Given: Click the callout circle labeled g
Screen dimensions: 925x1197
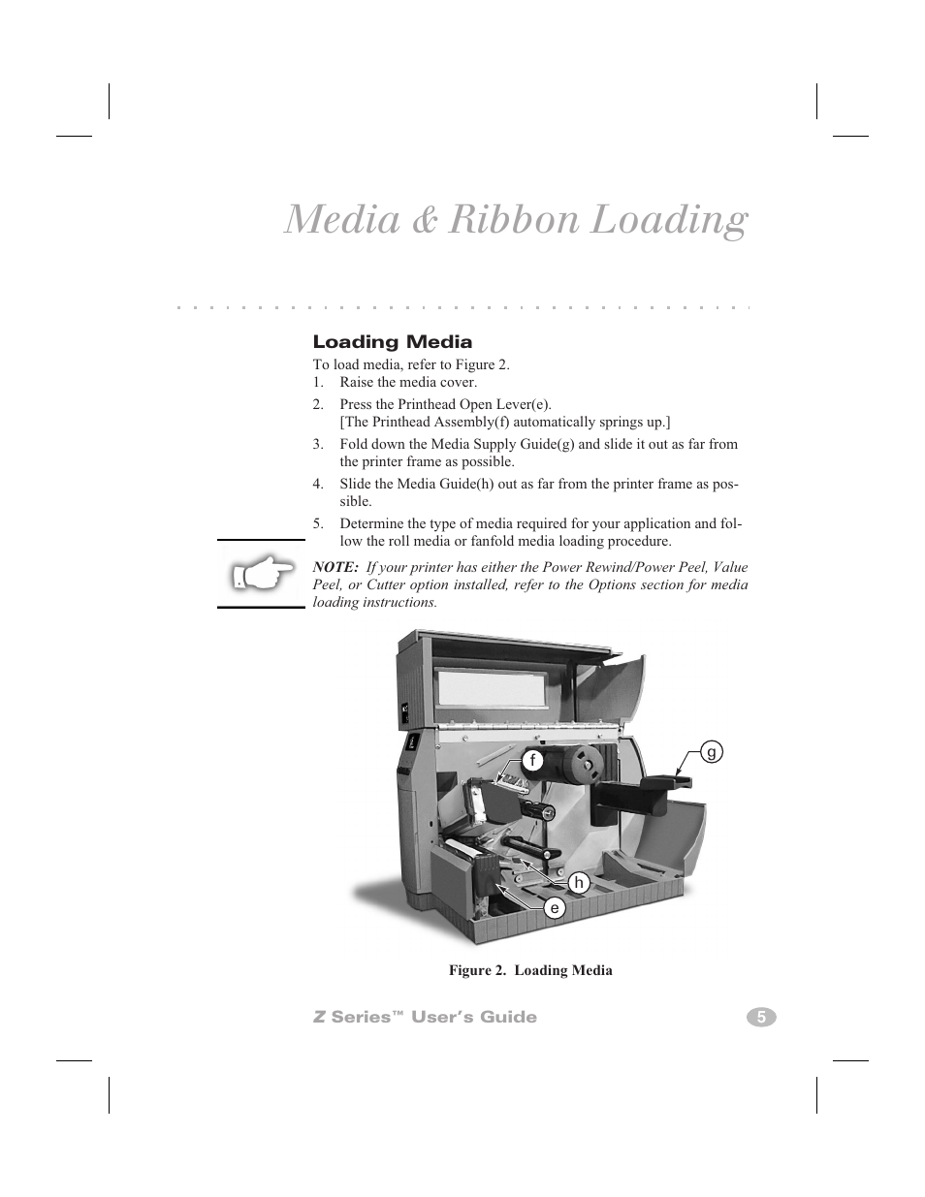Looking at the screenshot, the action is (x=712, y=752).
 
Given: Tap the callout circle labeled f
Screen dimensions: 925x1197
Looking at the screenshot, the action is (x=532, y=761).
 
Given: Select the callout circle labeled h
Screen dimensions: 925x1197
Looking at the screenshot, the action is (x=579, y=883).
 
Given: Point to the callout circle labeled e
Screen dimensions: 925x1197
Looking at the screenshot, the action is (x=555, y=907).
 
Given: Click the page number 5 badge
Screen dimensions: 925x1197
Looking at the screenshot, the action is (x=761, y=1018).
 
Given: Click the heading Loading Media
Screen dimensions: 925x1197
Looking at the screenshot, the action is (x=393, y=342).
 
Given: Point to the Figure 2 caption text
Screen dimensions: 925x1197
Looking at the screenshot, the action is (x=530, y=970).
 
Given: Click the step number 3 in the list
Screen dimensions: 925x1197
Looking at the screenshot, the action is (x=317, y=444).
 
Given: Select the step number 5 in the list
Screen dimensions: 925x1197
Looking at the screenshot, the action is (x=317, y=523).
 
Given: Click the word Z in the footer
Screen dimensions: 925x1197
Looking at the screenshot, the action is (x=319, y=1017).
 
